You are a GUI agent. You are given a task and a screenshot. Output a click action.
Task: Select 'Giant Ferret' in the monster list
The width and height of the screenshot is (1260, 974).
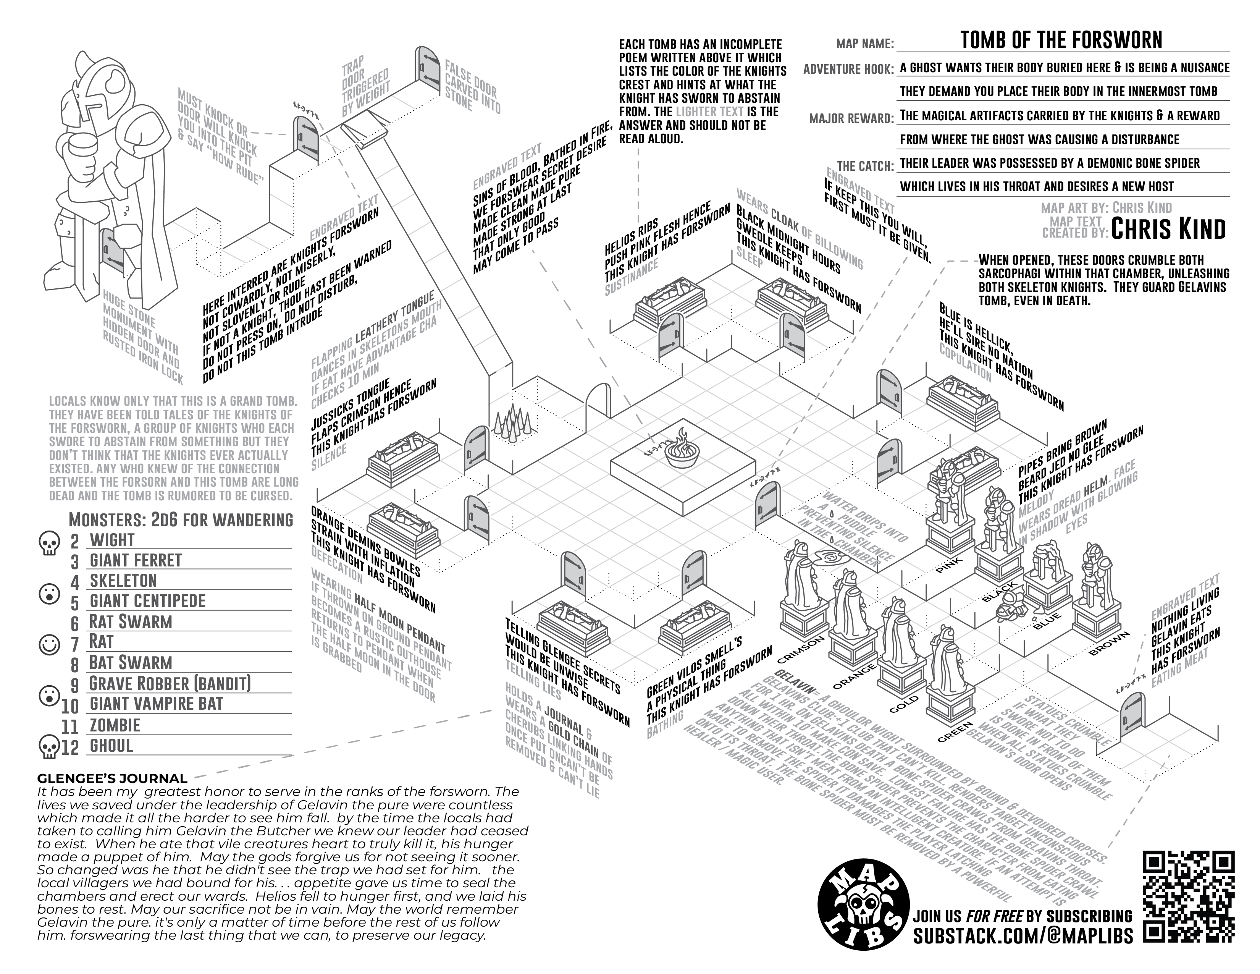coord(136,560)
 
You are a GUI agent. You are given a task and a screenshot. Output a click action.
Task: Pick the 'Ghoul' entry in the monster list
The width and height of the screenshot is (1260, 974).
coord(111,746)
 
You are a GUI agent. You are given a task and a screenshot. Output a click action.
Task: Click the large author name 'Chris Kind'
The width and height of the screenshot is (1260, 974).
coord(1168,229)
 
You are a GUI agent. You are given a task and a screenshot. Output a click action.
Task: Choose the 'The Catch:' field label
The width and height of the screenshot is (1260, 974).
coord(865,166)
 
